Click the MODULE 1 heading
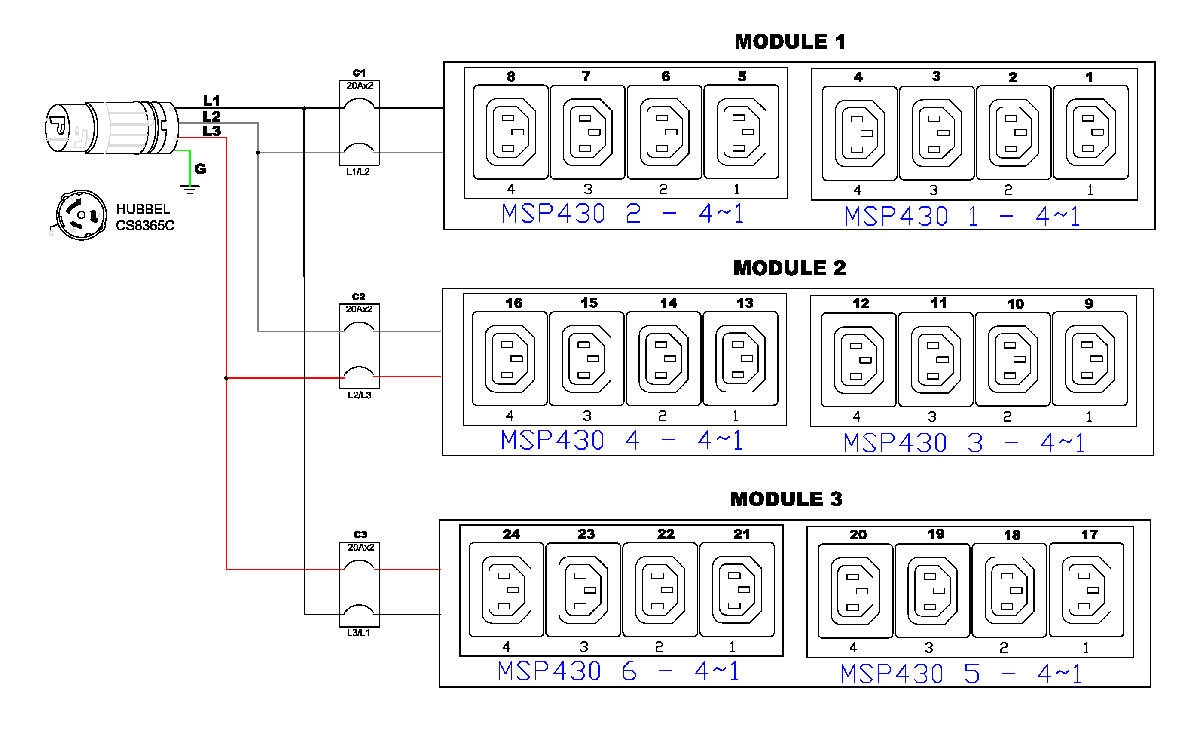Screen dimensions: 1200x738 pyautogui.click(x=790, y=42)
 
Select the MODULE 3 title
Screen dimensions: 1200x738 pyautogui.click(x=786, y=499)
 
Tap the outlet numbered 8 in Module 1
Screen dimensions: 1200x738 pyautogui.click(x=511, y=132)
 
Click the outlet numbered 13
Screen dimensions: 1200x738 pyautogui.click(x=740, y=359)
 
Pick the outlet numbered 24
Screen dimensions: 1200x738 pyautogui.click(x=507, y=590)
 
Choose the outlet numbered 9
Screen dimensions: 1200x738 pyautogui.click(x=1090, y=359)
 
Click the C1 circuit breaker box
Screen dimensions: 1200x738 pyautogui.click(x=359, y=122)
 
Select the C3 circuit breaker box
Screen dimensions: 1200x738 pyautogui.click(x=359, y=584)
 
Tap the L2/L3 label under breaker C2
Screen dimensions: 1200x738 pyautogui.click(x=360, y=395)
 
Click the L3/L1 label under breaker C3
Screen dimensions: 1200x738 pyautogui.click(x=358, y=633)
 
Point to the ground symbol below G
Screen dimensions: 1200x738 pyautogui.click(x=190, y=190)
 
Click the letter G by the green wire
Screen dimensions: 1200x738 pyautogui.click(x=201, y=169)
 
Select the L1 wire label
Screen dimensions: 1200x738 pyautogui.click(x=212, y=101)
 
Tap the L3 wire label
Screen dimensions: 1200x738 pyautogui.click(x=212, y=131)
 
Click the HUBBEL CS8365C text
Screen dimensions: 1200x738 pyautogui.click(x=145, y=217)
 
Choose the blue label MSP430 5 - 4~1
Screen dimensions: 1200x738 pyautogui.click(x=961, y=674)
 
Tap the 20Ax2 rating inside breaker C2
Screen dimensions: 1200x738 pyautogui.click(x=359, y=309)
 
